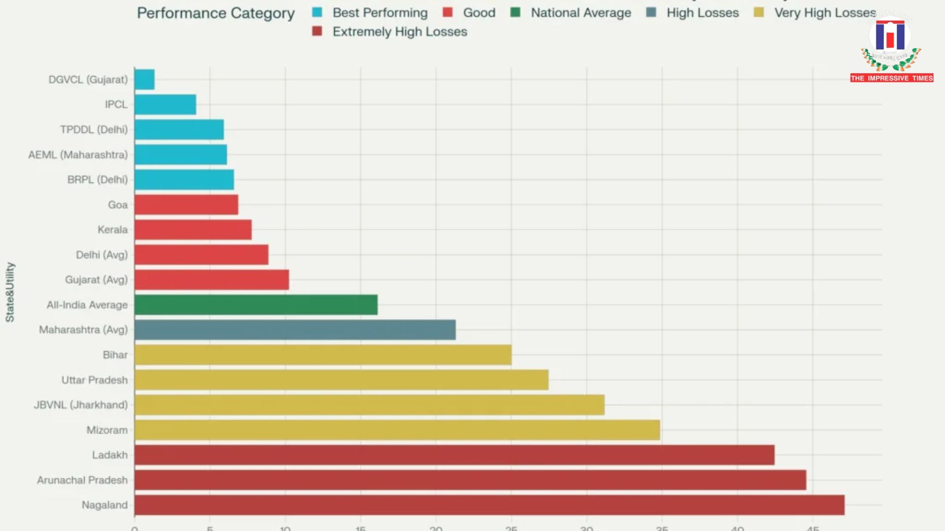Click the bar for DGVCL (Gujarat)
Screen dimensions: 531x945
(x=144, y=80)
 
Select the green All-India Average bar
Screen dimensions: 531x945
(x=256, y=305)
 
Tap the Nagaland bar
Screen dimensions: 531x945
(x=489, y=505)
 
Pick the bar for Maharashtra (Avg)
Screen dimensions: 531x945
(x=295, y=330)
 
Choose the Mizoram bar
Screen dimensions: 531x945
(x=397, y=430)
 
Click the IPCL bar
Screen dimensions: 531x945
(x=165, y=105)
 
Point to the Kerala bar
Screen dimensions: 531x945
(x=193, y=230)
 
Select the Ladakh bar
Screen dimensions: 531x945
(x=454, y=455)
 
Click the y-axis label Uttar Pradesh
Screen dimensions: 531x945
(x=94, y=380)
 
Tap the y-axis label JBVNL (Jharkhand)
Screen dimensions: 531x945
(x=81, y=405)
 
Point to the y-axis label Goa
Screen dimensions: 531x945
(x=118, y=205)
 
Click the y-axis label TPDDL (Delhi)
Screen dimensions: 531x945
(x=94, y=130)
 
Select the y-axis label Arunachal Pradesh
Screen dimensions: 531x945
(x=82, y=480)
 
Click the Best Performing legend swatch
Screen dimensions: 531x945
(x=317, y=13)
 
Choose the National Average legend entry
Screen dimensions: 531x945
(x=580, y=13)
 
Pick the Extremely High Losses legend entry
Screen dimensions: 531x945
(x=399, y=32)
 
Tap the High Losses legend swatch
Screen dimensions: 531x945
(x=651, y=13)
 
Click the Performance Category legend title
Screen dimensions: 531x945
(x=216, y=13)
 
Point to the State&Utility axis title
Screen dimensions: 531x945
(x=10, y=292)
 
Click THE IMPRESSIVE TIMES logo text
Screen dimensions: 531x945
(x=891, y=78)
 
